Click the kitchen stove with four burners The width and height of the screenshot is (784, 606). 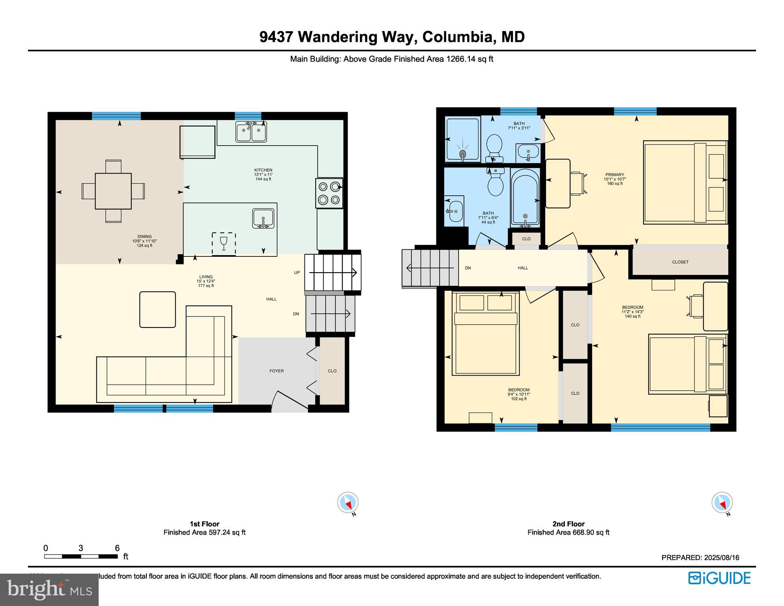coord(329,193)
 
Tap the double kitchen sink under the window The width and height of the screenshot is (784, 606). coord(251,132)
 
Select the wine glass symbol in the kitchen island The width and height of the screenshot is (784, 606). coord(224,243)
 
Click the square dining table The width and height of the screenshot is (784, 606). coord(113,191)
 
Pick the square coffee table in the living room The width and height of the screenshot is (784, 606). coord(157,309)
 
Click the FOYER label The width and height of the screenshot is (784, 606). coord(276,371)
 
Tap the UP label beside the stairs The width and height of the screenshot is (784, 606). coord(297,273)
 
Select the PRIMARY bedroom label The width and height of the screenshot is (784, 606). coord(614,175)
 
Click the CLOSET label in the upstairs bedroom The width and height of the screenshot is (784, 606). coord(680,262)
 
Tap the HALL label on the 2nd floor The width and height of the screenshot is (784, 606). coord(522,268)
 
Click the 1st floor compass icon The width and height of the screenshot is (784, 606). coord(348,503)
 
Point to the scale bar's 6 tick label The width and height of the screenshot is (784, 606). coord(117,548)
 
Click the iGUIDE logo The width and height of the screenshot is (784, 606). coord(719,578)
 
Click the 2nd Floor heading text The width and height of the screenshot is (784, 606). coord(568,524)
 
